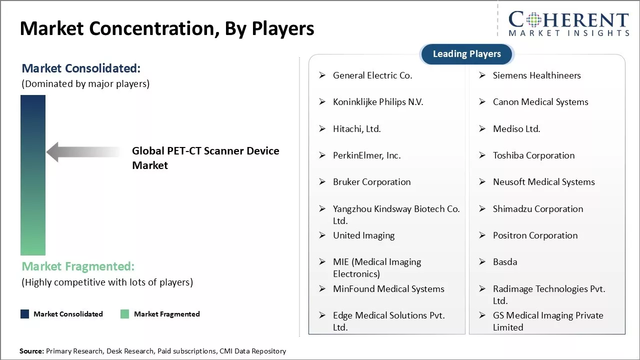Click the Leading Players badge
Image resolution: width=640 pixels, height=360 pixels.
coord(466,54)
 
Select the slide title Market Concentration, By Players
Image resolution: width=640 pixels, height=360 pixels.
coord(167,28)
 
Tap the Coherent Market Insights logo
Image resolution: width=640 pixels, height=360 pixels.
coord(568,23)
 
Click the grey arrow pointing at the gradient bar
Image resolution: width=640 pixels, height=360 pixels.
coord(82,151)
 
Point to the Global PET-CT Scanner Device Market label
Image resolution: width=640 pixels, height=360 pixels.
coord(205,158)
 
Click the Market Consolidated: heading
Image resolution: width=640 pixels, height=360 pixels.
coord(81,68)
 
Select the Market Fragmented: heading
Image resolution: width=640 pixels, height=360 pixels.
coord(78,266)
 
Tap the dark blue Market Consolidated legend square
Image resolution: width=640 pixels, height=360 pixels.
coord(24,314)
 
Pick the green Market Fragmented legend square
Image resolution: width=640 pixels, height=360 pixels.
coord(124,314)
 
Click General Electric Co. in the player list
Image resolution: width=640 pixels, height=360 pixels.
coord(372,75)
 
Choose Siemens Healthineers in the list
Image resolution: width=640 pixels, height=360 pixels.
coord(536,75)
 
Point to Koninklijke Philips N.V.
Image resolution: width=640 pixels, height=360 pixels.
coord(378,102)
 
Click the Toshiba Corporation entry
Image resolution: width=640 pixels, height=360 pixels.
coord(533,155)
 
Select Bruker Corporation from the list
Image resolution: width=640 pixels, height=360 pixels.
coord(371,182)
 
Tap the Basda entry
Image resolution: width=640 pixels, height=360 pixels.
coord(505,262)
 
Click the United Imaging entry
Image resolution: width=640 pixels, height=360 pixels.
coord(363,235)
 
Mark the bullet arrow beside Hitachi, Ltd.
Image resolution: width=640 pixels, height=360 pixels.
coord(322,129)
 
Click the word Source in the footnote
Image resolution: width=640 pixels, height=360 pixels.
coord(31,351)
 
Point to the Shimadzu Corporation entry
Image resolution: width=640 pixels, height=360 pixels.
coord(537,209)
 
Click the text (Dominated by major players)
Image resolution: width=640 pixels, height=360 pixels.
coord(85,83)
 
